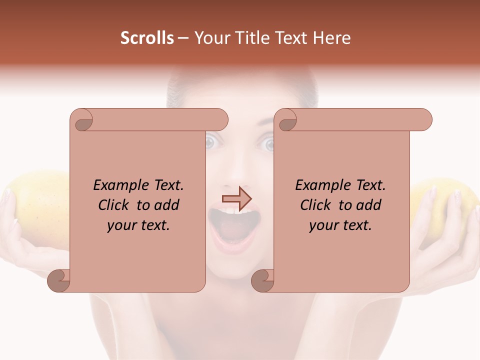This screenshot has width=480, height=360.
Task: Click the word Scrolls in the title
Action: (147, 38)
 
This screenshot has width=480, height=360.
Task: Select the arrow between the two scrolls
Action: (236, 198)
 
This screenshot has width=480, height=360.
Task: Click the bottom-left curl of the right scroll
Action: (262, 280)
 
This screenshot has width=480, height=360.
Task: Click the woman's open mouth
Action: (234, 227)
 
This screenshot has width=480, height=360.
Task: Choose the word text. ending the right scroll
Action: (359, 225)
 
